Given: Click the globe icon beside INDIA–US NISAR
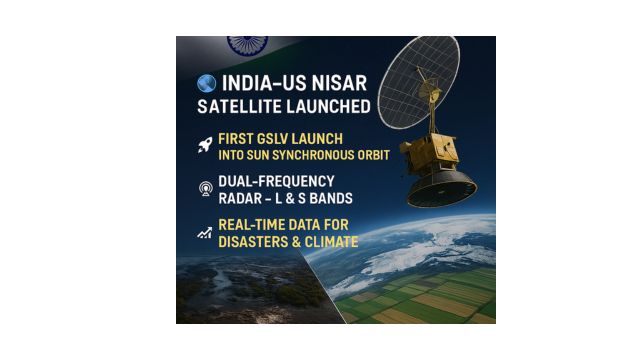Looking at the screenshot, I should tap(207, 82).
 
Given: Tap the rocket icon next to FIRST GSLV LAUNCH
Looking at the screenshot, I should tap(205, 145).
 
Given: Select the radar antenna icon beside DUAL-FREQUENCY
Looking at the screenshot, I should tap(205, 188).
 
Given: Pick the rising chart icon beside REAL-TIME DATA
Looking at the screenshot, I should tap(205, 233).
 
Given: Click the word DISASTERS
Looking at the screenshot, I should tap(254, 242).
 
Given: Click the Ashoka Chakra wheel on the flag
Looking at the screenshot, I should tap(247, 44).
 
